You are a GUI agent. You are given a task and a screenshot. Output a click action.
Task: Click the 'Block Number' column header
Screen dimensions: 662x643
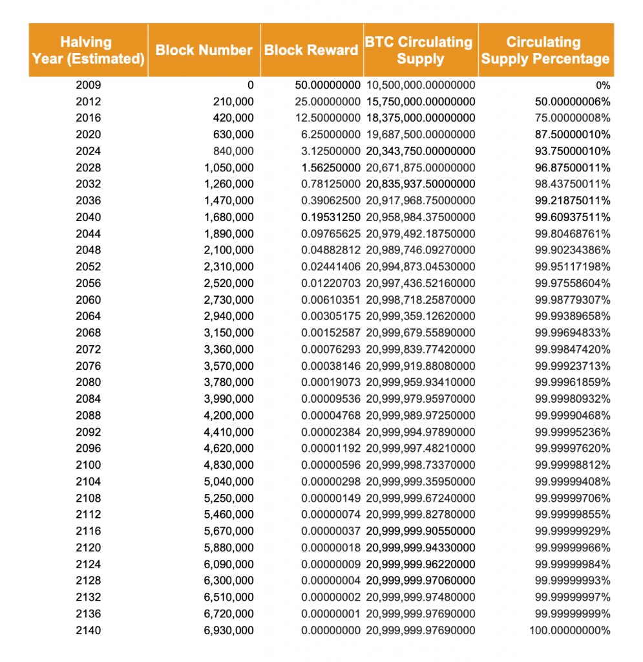click(x=204, y=50)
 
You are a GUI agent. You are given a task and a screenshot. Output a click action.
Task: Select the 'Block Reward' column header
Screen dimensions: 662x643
click(x=311, y=50)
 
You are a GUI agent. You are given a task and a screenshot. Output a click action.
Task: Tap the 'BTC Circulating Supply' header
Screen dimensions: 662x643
click(x=420, y=50)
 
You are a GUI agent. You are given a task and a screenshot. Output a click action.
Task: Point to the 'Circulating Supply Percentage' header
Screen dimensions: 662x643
click(x=545, y=50)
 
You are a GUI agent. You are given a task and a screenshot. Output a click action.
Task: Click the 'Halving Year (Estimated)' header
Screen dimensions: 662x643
click(x=88, y=50)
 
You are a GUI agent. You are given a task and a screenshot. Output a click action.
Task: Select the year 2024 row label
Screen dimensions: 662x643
click(x=88, y=151)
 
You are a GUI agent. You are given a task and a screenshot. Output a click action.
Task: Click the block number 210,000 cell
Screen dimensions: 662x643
click(x=233, y=101)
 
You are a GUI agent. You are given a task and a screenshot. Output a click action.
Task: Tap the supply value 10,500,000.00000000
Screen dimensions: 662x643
click(x=421, y=85)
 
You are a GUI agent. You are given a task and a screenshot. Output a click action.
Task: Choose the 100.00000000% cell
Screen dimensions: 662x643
click(x=569, y=630)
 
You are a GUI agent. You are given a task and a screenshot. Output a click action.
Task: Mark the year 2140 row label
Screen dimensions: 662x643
click(x=88, y=630)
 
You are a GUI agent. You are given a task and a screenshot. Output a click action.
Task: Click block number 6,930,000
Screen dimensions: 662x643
click(x=229, y=630)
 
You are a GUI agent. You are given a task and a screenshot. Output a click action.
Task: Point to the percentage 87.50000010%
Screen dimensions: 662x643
click(x=573, y=134)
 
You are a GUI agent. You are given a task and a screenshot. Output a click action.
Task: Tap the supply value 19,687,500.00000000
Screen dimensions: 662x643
click(x=421, y=134)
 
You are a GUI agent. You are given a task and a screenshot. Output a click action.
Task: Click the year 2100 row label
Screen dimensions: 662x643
click(x=88, y=465)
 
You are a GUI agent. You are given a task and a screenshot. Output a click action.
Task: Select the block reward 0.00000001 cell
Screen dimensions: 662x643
click(x=331, y=614)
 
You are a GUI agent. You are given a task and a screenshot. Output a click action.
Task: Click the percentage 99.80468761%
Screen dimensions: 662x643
click(x=573, y=233)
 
